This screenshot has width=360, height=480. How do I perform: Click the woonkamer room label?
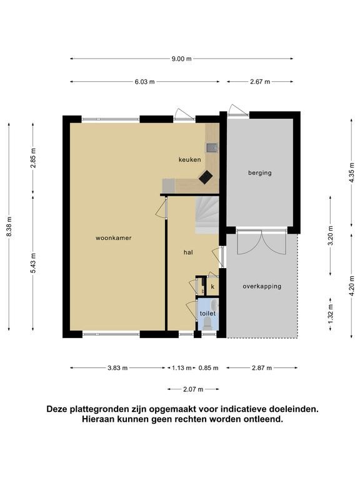click(114, 238)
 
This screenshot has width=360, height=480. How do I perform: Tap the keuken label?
click(190, 159)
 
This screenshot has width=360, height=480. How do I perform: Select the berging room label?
click(260, 172)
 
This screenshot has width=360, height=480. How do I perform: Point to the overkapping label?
click(262, 286)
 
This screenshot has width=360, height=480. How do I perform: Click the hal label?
click(188, 252)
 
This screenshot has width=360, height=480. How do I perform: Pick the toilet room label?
click(208, 314)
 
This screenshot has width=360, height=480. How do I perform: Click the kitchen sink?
click(211, 148)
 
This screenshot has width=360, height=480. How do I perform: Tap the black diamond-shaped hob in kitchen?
click(206, 177)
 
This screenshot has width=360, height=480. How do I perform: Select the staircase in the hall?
click(207, 216)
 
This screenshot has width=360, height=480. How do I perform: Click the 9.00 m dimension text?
click(181, 59)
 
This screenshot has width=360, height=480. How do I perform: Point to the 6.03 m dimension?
click(145, 82)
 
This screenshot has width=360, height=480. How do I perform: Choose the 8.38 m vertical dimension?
click(9, 226)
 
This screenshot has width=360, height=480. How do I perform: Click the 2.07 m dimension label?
click(193, 389)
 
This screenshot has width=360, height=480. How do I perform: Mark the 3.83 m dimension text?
click(117, 368)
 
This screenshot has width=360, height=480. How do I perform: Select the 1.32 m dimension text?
click(330, 314)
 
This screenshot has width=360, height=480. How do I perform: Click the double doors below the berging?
click(262, 242)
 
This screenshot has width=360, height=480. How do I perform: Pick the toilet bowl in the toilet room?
click(207, 323)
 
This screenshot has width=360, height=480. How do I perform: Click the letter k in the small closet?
click(212, 287)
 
